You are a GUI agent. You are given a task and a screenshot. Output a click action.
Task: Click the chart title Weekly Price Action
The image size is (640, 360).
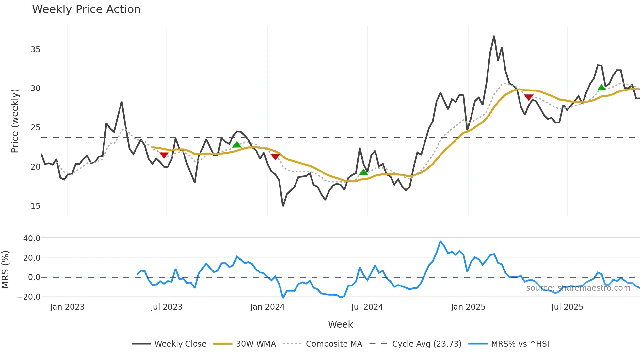coord(86,9)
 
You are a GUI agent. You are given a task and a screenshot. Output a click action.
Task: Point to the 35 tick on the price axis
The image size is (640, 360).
coord(35,50)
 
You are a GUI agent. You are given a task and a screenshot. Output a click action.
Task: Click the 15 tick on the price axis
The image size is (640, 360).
coord(35,206)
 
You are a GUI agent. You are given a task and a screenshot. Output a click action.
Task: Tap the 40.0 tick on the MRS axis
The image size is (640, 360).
coord(32,238)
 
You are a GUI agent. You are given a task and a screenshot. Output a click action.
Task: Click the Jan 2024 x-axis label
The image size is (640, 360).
coord(267,307)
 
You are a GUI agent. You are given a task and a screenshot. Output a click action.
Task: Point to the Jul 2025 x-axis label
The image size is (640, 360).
coord(567,307)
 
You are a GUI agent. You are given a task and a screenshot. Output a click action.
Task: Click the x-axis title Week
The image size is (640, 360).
coord(340,324)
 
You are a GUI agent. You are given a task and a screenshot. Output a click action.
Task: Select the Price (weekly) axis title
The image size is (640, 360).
coord(15,121)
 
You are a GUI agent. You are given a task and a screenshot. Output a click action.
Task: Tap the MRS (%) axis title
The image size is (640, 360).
coord(5,270)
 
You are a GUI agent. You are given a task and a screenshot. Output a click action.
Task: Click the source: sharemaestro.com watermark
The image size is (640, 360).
coord(578,288)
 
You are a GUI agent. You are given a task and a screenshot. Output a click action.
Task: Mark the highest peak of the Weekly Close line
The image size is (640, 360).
coord(494,36)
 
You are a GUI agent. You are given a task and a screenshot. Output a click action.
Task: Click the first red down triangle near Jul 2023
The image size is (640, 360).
coord(164,155)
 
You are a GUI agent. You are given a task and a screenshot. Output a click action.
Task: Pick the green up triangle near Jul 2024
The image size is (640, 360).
coord(363,172)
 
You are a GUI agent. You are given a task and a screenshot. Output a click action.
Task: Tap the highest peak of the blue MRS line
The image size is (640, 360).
coord(440,241)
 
